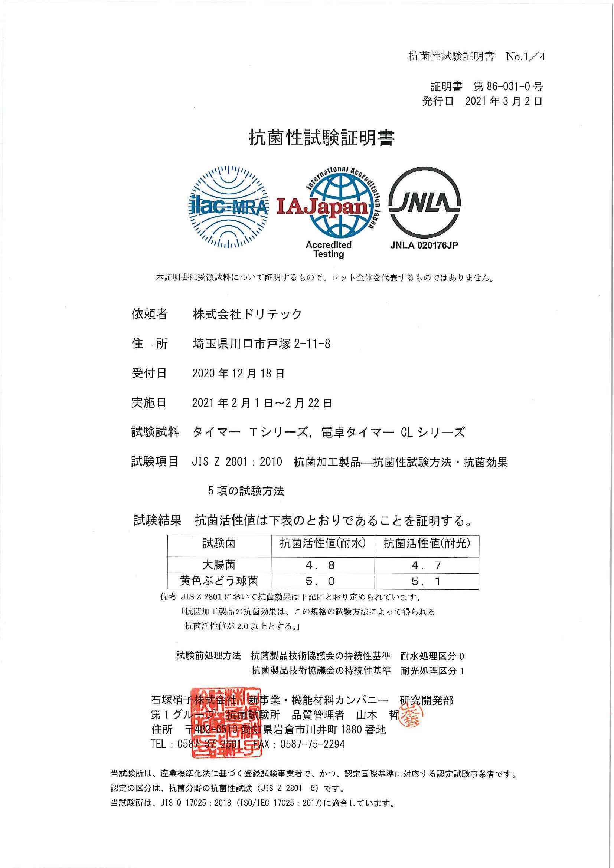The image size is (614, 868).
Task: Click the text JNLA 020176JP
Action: pos(424,245)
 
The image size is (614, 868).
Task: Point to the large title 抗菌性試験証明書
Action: pos(321,138)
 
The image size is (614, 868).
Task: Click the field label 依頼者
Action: pos(150,314)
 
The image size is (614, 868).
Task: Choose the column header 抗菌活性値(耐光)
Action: pos(427,544)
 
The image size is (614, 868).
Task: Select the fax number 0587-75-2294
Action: pos(312,744)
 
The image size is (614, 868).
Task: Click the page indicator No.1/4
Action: pos(526,57)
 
